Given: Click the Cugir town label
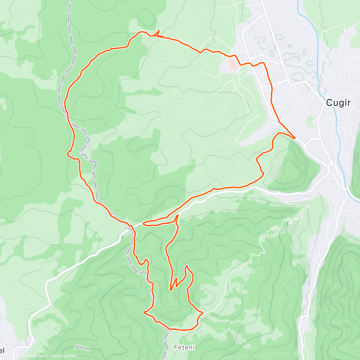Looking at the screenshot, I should (338, 103).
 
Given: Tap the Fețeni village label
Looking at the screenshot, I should (184, 347).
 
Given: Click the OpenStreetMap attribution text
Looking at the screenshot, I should (63, 356).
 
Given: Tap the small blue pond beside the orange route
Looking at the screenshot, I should (204, 51).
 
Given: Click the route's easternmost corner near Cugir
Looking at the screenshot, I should (295, 138).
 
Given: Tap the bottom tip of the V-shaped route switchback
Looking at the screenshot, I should (171, 290).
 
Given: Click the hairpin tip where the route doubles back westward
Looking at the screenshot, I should (144, 223).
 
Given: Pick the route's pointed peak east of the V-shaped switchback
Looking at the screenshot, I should (187, 266).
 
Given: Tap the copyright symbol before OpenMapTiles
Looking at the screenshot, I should (17, 356).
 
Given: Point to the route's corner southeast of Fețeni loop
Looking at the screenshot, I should (202, 313).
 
